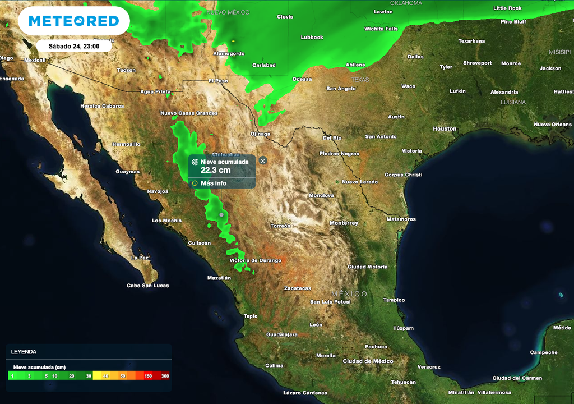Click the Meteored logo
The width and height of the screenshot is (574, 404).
pos(74,21)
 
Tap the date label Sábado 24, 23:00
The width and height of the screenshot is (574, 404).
pos(74,46)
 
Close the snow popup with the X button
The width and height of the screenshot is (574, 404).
pos(263,160)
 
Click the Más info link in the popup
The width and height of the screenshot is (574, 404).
pos(214,183)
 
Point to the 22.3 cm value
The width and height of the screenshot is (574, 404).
pos(215,170)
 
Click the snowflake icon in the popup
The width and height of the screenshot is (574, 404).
pos(195,162)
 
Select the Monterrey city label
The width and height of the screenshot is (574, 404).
pos(344,223)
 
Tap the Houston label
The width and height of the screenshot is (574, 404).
pos(445,128)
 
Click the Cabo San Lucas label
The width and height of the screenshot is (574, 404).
pos(147,286)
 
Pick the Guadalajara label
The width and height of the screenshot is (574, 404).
pos(281,334)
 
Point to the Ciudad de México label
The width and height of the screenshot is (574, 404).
pos(368,361)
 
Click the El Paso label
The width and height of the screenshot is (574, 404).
pos(218,81)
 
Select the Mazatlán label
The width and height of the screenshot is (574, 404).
pos(219,278)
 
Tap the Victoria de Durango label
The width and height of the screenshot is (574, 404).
pos(255,260)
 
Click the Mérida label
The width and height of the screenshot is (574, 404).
pos(562,328)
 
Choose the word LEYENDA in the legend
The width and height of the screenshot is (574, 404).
pos(24,352)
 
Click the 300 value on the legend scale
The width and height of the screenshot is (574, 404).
pos(165,375)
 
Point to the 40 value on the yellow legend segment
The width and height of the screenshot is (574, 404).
pos(105,375)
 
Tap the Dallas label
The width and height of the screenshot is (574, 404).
pos(415,57)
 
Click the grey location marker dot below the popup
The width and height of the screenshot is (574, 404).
pos(221,215)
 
